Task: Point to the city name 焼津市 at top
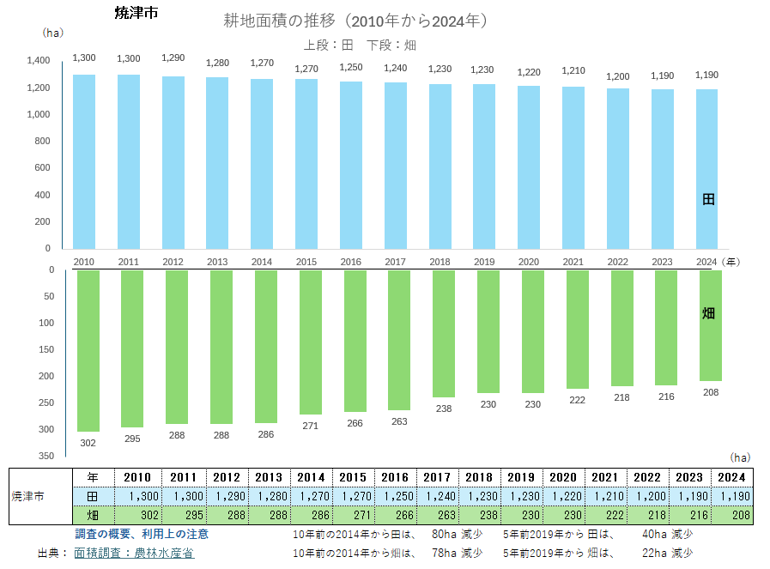(136, 13)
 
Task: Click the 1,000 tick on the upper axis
(39, 114)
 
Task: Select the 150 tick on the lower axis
(46, 349)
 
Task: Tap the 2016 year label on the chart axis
(350, 262)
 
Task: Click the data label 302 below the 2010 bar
(88, 443)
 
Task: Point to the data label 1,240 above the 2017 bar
(396, 69)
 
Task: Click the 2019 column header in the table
(521, 477)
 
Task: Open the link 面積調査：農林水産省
(134, 554)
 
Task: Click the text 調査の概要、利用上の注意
(142, 534)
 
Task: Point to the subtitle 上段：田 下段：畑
(360, 45)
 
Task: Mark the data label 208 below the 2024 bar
(710, 392)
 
